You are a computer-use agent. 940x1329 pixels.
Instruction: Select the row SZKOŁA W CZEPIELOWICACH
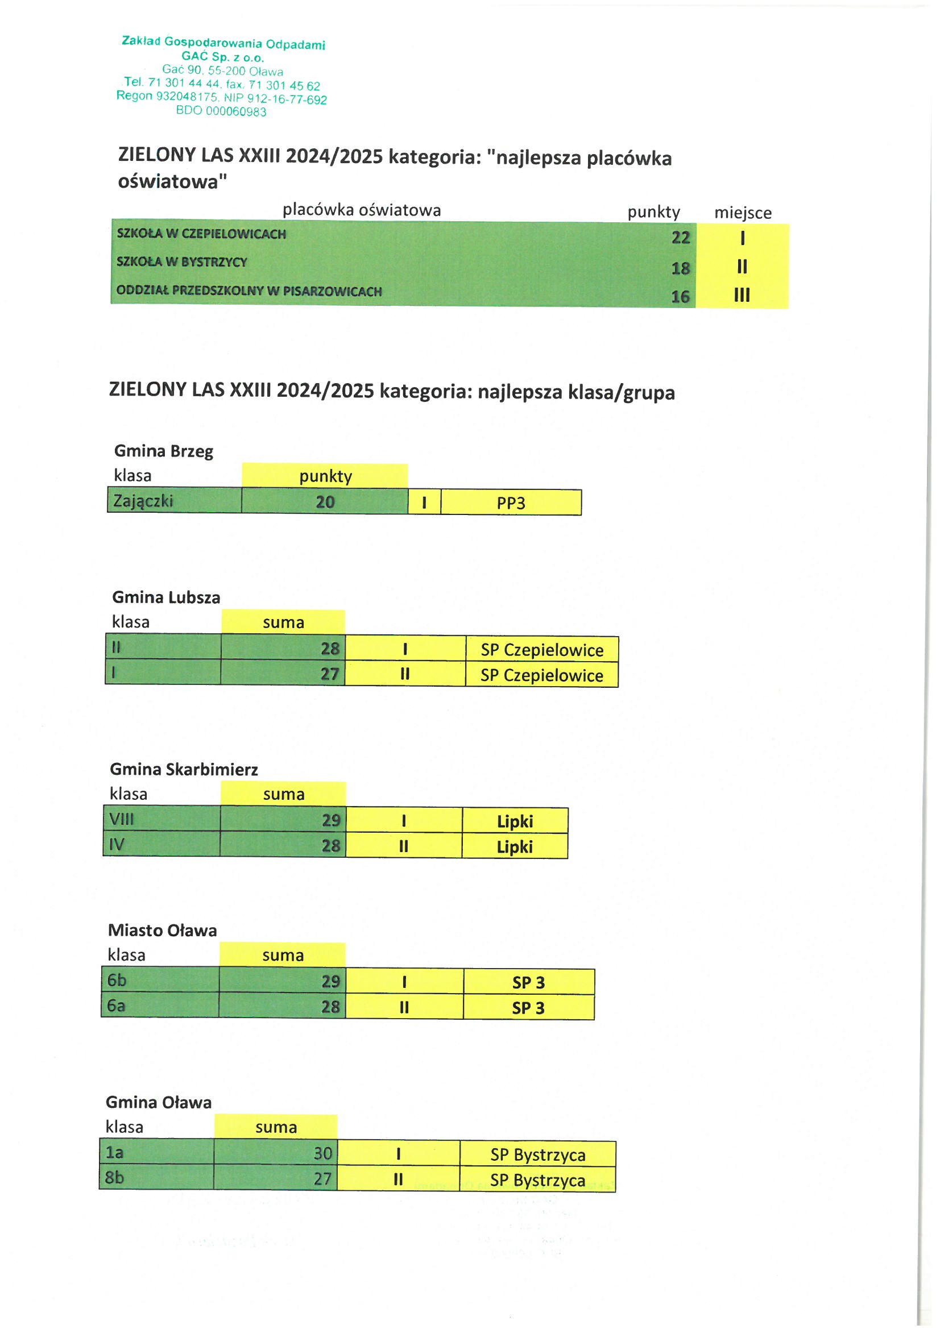pyautogui.click(x=201, y=234)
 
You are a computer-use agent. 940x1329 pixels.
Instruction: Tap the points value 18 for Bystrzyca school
pyautogui.click(x=680, y=268)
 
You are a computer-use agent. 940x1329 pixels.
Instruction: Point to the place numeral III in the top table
pyautogui.click(x=742, y=295)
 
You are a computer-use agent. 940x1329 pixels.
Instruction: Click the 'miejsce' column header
pyautogui.click(x=743, y=213)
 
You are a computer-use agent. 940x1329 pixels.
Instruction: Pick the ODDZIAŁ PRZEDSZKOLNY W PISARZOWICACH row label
pyautogui.click(x=249, y=290)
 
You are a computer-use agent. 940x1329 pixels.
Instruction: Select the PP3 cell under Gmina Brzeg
pyautogui.click(x=511, y=503)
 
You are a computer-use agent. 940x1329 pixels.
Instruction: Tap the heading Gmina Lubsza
pyautogui.click(x=166, y=597)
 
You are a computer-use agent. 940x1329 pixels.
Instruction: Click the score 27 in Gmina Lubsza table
pyautogui.click(x=330, y=674)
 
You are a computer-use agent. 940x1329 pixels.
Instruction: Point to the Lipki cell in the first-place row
pyautogui.click(x=515, y=821)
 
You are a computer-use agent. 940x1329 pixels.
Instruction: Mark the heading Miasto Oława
pyautogui.click(x=163, y=930)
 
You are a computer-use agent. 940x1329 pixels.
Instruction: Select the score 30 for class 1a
pyautogui.click(x=322, y=1153)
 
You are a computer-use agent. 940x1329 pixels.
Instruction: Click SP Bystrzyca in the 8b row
pyautogui.click(x=537, y=1180)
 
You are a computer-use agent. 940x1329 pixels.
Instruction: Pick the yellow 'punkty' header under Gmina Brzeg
pyautogui.click(x=325, y=476)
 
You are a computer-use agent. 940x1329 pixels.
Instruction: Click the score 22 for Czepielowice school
pyautogui.click(x=681, y=238)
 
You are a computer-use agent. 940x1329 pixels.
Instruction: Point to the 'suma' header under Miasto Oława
pyautogui.click(x=283, y=956)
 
